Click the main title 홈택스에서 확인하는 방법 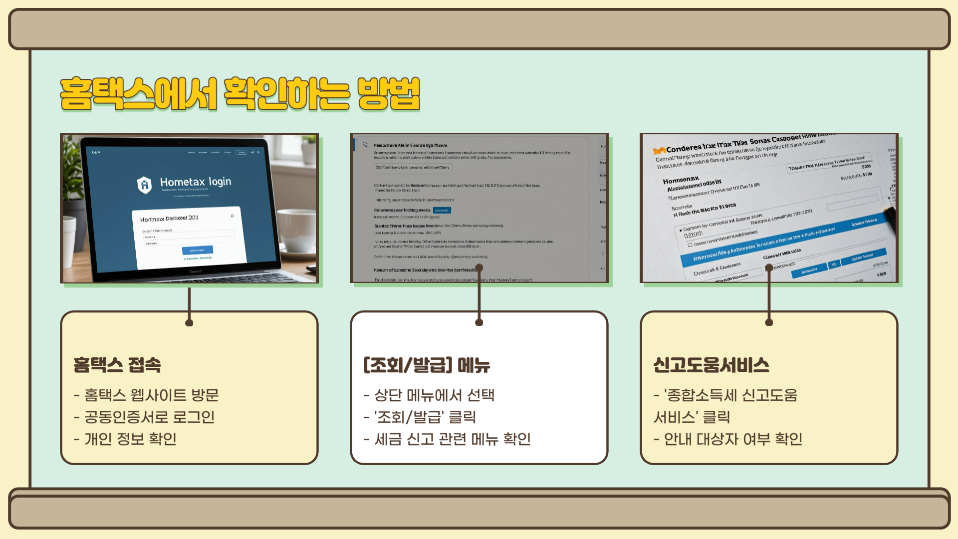point(239,93)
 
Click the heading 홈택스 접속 point(117,365)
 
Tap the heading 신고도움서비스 point(711,365)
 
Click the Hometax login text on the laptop point(196,182)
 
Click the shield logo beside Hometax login point(144,185)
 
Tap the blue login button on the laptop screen point(198,250)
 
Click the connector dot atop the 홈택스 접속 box point(189,323)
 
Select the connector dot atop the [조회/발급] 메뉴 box point(479,322)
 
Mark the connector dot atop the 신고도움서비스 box point(769,322)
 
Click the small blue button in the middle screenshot point(442,210)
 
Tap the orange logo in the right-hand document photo point(659,150)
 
